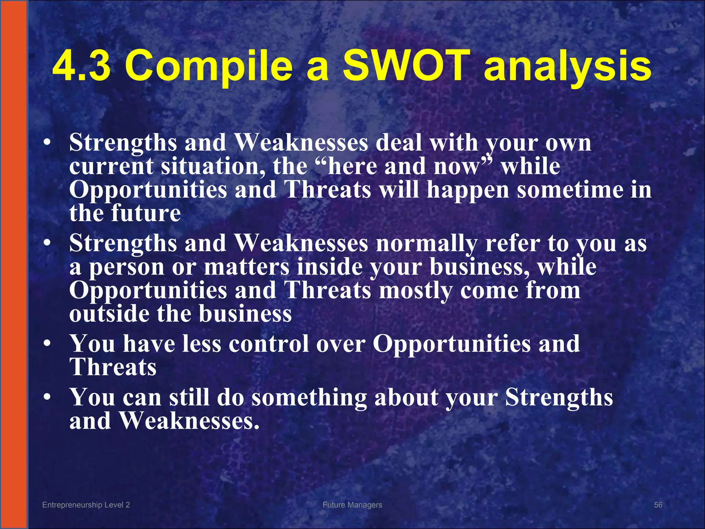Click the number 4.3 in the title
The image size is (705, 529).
(82, 65)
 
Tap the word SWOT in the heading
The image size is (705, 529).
(407, 65)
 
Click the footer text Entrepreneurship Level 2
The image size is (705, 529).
(86, 505)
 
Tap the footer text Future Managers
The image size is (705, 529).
(352, 505)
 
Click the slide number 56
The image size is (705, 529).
(658, 505)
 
